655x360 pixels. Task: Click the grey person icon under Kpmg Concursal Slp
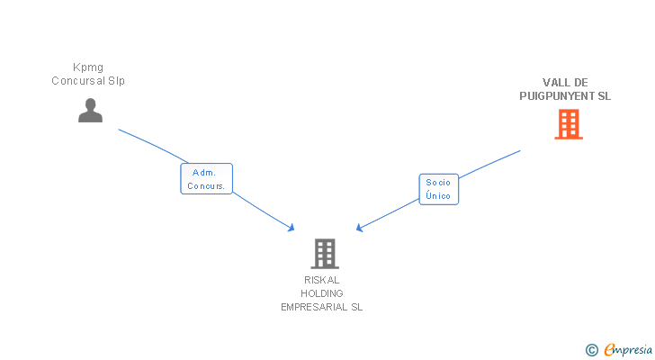click(x=90, y=111)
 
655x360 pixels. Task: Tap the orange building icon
click(x=569, y=124)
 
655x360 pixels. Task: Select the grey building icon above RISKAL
click(x=325, y=254)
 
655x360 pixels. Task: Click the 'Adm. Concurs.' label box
click(x=207, y=179)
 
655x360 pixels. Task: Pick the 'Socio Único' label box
click(x=438, y=189)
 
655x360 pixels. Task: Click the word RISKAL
click(x=321, y=280)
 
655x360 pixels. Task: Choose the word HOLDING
click(x=321, y=293)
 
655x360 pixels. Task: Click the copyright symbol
click(x=591, y=350)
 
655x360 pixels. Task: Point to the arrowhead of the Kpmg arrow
click(x=292, y=229)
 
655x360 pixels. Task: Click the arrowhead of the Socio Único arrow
click(x=359, y=229)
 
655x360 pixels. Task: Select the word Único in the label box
click(x=438, y=196)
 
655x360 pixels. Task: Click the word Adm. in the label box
click(x=202, y=172)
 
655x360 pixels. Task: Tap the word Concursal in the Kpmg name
click(x=75, y=81)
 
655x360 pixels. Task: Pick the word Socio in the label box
click(x=438, y=183)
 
